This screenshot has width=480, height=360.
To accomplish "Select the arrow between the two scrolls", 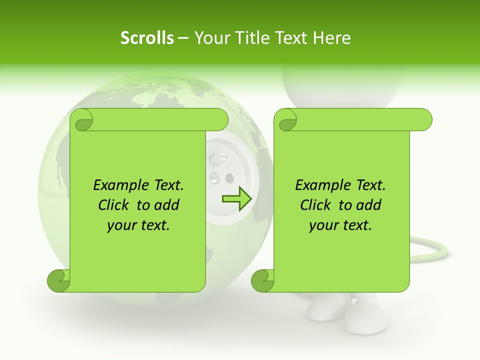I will [x=236, y=198].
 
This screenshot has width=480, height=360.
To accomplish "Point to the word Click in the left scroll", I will [x=115, y=205].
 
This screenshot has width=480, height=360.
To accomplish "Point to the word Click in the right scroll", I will [x=317, y=205].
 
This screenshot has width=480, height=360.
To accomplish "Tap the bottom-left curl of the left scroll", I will [x=58, y=280].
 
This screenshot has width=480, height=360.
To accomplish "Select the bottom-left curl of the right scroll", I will [x=262, y=280].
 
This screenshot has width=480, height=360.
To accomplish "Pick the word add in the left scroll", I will [x=166, y=205].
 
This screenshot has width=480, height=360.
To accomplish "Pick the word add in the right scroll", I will [x=368, y=205].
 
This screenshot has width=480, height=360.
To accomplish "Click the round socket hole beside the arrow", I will [x=229, y=177].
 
